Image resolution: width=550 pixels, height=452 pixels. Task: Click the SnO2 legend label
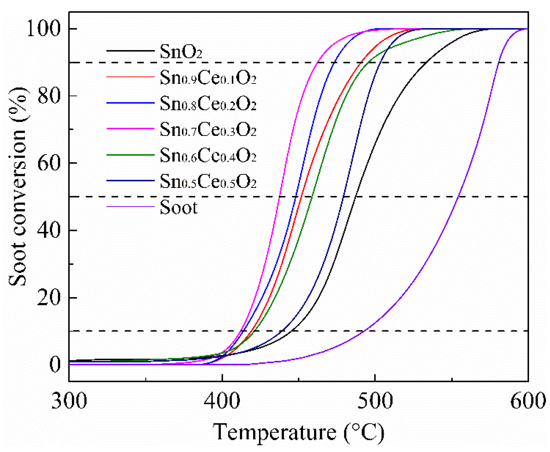(180, 52)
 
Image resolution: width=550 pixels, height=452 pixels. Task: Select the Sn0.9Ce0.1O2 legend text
(208, 78)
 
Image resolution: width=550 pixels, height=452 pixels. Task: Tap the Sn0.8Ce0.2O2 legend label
(208, 104)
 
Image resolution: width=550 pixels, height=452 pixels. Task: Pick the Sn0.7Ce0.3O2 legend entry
(208, 130)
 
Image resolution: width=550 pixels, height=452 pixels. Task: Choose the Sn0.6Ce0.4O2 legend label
(208, 156)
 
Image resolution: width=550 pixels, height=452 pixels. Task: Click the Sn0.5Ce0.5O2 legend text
(208, 181)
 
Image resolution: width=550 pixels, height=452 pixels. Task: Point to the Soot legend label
(179, 207)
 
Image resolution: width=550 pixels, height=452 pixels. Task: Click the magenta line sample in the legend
(130, 129)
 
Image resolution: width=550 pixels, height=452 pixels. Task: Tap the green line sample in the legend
(130, 155)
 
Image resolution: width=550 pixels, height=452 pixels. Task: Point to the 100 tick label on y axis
(43, 29)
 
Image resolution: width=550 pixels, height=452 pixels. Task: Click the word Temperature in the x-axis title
(274, 432)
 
